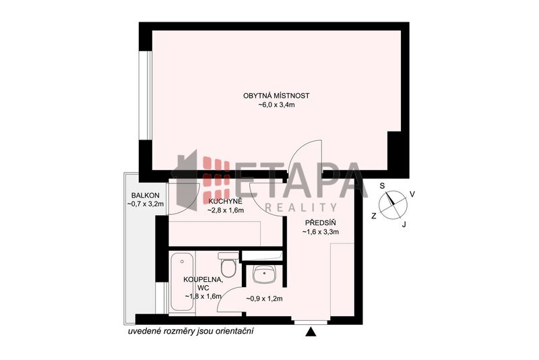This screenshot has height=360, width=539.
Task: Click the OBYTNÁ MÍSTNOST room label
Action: (x=276, y=96)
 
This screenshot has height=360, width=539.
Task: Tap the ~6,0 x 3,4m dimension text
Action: (x=277, y=105)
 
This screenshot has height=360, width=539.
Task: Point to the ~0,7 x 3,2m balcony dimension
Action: (x=145, y=204)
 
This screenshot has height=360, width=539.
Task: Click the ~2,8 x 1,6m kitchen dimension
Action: (x=226, y=210)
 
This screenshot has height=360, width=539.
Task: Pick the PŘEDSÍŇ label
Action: (x=321, y=222)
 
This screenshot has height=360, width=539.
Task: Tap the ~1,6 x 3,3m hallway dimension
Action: (x=321, y=232)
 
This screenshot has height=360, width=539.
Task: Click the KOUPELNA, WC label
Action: (x=203, y=284)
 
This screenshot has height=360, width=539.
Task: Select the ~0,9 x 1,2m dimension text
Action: (x=264, y=299)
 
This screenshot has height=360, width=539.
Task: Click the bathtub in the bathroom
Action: (x=182, y=282)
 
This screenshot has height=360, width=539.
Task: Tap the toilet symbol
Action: (x=228, y=264)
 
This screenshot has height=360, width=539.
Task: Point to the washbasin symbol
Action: (x=263, y=274)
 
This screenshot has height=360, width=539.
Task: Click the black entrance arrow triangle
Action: (x=311, y=332)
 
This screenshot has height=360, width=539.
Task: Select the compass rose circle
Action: (x=393, y=205)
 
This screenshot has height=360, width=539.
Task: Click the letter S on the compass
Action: (x=382, y=186)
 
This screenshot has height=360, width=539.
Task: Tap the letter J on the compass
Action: (x=404, y=224)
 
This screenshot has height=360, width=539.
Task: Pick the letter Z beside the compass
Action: (x=374, y=216)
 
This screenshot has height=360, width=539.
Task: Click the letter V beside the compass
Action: (x=412, y=195)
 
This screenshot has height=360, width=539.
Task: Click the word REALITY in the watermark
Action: (x=301, y=207)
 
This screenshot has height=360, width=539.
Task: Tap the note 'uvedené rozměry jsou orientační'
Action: (x=191, y=332)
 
